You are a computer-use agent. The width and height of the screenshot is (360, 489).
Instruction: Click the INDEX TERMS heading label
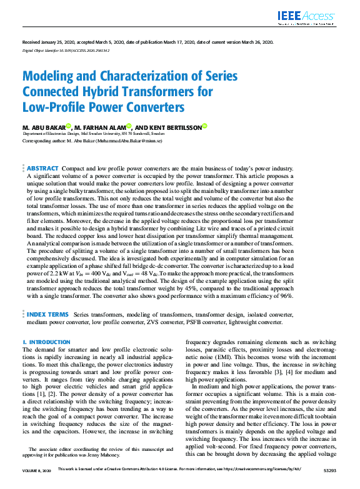point(47,314)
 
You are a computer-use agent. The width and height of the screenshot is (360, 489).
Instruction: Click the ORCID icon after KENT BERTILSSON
point(204,126)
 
